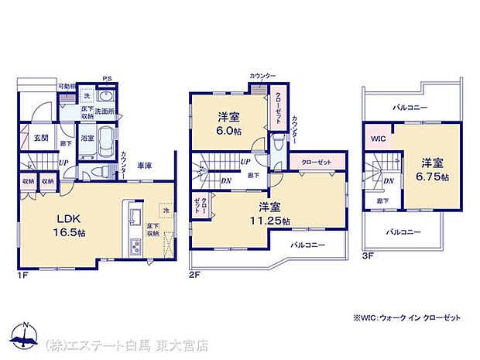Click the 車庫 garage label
(144, 165)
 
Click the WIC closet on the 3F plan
(378, 139)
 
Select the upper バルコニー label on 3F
(409, 108)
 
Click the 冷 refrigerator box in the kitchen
(165, 209)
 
